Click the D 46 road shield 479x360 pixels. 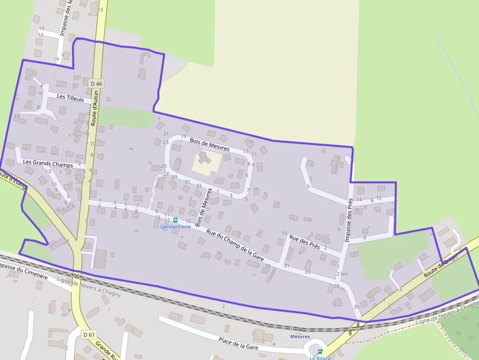pyautogui.click(x=97, y=84)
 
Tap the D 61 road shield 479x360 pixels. pyautogui.click(x=88, y=335)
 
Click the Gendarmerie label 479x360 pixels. pyautogui.click(x=175, y=227)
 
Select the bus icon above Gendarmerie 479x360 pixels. pyautogui.click(x=175, y=220)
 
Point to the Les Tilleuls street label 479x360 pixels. pyautogui.click(x=70, y=98)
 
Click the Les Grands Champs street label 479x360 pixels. pyautogui.click(x=48, y=164)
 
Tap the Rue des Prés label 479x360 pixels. pyautogui.click(x=305, y=242)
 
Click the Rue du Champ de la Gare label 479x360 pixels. pyautogui.click(x=235, y=245)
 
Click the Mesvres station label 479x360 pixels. pyautogui.click(x=300, y=337)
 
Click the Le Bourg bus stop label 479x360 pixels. pyautogui.click(x=320, y=358)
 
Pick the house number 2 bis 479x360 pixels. pyautogui.click(x=342, y=274)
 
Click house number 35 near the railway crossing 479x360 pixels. pyautogui.click(x=356, y=307)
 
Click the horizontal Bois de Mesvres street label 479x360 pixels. pyautogui.click(x=210, y=144)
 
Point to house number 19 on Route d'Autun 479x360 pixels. pyautogui.click(x=101, y=10)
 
